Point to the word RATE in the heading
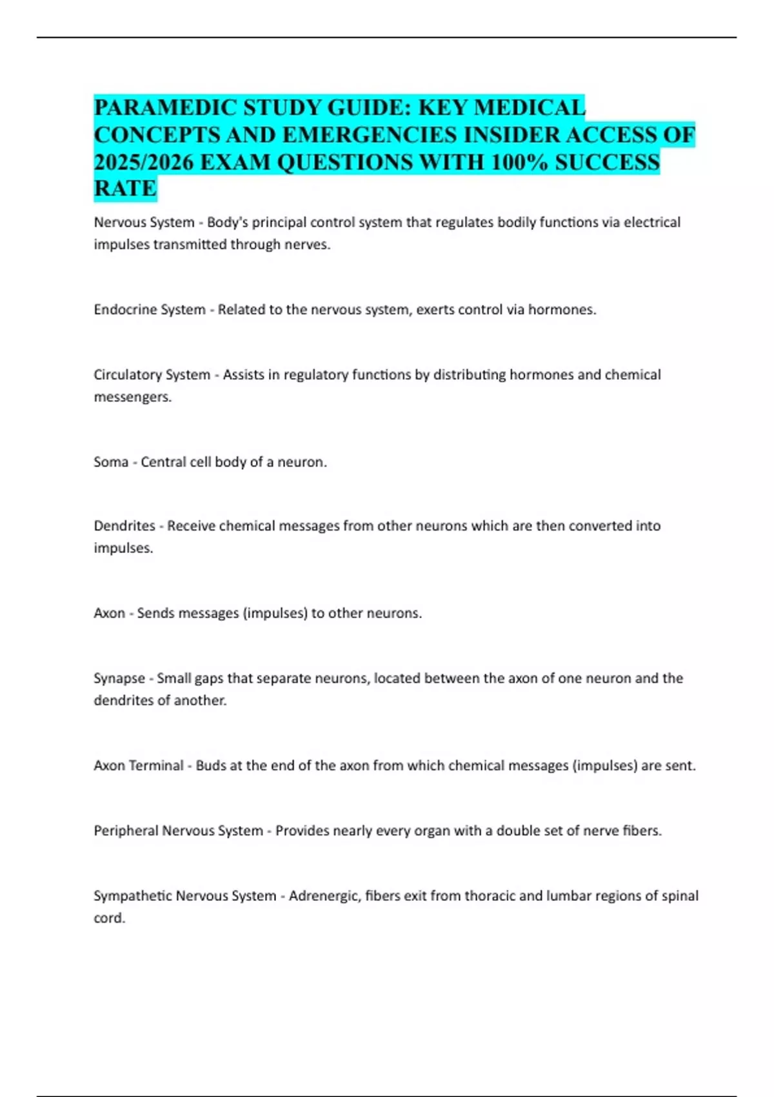tap(125, 188)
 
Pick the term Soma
tap(111, 462)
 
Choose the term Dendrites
tap(124, 526)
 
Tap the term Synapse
tap(119, 678)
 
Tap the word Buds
tap(210, 766)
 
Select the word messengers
tap(132, 397)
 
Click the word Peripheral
tap(126, 830)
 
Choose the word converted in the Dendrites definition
tap(591, 526)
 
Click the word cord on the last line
tap(108, 918)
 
